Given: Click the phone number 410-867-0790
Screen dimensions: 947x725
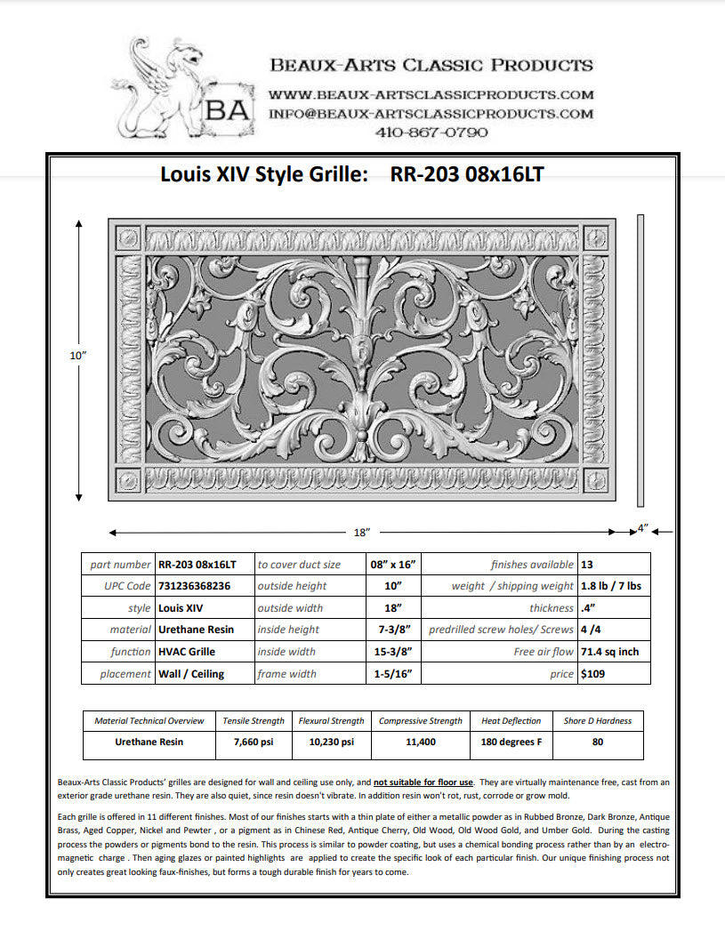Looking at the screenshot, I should pos(431,132).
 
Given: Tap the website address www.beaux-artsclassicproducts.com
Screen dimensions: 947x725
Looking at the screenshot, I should pos(431,94).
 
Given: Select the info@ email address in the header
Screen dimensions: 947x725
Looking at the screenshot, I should pos(431,114).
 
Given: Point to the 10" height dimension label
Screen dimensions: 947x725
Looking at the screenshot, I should pos(78,355).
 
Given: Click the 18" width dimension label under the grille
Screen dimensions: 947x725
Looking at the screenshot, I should pos(361,532).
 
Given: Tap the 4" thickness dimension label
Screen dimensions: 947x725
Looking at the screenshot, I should pos(643,529).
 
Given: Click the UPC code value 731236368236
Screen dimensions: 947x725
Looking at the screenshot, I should pos(194,586).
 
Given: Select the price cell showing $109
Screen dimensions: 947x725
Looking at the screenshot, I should pos(592,674).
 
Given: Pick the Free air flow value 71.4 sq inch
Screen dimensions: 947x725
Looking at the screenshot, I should pos(609,652).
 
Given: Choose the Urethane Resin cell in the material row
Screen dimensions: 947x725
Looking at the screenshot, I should pos(197,630).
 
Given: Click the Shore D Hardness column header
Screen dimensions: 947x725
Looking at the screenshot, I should pos(597,721).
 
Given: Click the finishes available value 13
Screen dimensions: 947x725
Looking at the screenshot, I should pos(586,565).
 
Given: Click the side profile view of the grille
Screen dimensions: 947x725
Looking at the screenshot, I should pos(640,360).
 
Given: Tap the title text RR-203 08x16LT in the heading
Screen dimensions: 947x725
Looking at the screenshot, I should pos(467,174).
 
